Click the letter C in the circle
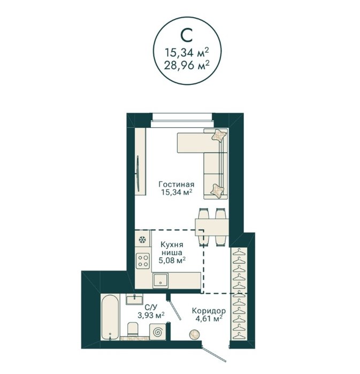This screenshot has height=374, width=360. tap(187, 35)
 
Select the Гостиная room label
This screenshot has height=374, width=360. tap(177, 184)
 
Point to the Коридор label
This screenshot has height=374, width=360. tap(209, 311)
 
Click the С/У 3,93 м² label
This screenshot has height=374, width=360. tap(151, 311)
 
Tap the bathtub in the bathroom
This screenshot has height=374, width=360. tap(110, 317)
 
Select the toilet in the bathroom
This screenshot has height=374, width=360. tap(133, 329)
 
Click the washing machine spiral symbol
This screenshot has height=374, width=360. tap(158, 332)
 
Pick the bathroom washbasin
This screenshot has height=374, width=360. tap(134, 299)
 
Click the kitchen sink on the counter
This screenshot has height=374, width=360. tap(160, 281)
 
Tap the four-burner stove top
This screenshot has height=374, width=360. tap(143, 261)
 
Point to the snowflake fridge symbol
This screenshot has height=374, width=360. tap(142, 239)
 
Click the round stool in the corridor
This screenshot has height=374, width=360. tap(195, 334)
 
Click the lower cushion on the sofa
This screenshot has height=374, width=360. tap(218, 190)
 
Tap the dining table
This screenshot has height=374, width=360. tap(212, 227)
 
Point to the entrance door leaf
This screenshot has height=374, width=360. tap(214, 354)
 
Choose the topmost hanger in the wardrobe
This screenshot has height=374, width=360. tap(239, 252)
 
